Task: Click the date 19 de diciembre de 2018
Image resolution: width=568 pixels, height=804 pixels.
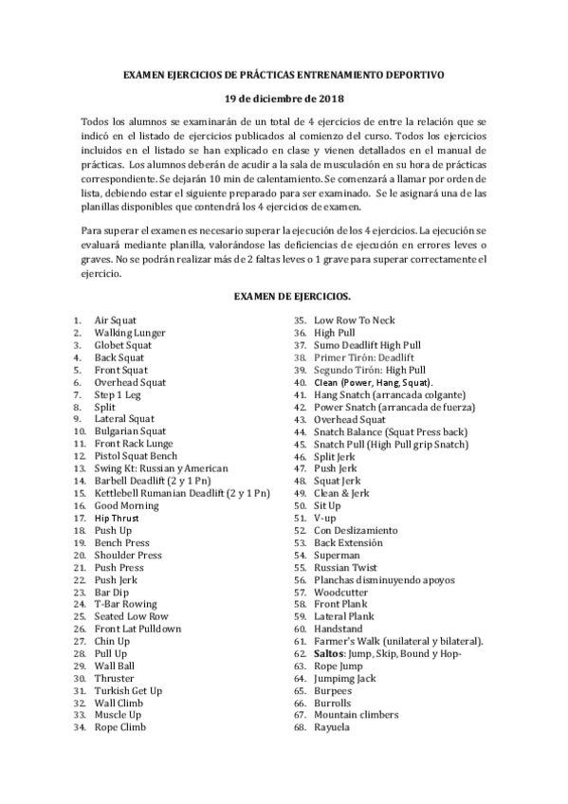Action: click(284, 98)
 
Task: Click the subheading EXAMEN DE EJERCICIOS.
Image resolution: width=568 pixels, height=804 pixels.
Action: click(284, 297)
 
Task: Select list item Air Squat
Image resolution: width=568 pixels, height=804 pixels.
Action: click(116, 320)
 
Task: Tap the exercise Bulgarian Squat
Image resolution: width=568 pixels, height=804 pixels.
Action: click(131, 431)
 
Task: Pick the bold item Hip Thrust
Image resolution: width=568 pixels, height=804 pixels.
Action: click(117, 519)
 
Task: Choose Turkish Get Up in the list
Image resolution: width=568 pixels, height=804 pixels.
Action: click(128, 691)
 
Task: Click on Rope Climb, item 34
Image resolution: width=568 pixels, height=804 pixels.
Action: click(119, 728)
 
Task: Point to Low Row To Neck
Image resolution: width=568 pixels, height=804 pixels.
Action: click(354, 320)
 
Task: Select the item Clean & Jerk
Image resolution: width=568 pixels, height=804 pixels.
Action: click(342, 493)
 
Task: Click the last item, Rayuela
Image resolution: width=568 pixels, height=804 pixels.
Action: click(332, 727)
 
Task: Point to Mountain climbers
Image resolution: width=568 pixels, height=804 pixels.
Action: click(356, 715)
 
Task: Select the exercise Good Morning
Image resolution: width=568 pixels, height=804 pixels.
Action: click(127, 506)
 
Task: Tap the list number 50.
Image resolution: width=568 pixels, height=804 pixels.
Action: click(298, 506)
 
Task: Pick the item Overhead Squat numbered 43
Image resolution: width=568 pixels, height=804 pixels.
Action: click(350, 419)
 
